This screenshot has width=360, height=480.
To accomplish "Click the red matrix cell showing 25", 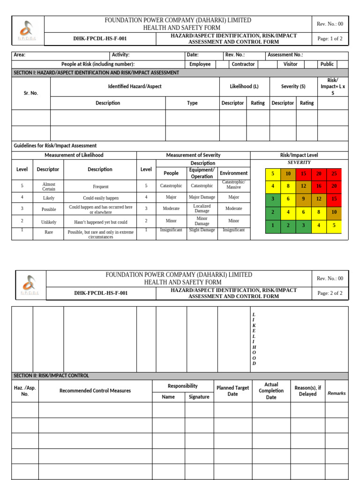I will [334, 174].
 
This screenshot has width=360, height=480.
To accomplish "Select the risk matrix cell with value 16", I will [319, 186].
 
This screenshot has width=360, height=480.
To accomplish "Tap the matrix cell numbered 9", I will [303, 199].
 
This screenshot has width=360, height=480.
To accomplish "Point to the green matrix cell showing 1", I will [273, 225].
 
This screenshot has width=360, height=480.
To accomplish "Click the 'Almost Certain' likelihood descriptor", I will [48, 186].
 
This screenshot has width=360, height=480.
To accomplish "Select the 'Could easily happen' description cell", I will [101, 198].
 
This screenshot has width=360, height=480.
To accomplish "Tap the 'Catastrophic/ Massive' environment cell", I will [233, 185].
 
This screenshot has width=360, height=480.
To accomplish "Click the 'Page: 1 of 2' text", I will [330, 39].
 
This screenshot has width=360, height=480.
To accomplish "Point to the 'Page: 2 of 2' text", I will [330, 293].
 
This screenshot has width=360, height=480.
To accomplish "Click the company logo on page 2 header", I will [30, 285].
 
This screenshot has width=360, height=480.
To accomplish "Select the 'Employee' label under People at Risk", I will [200, 64].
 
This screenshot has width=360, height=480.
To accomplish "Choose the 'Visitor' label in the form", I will [290, 64].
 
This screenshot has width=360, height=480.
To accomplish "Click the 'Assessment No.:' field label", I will [285, 55].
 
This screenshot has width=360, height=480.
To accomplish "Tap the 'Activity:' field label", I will [120, 55].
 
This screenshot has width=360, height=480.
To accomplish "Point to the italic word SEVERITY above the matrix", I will [299, 162].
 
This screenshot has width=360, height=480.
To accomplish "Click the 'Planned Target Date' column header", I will [232, 391].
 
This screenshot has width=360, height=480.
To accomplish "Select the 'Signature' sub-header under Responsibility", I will [199, 397].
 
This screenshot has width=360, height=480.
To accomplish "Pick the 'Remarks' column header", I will [337, 393].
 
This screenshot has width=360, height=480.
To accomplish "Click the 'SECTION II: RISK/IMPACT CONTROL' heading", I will [51, 375].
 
